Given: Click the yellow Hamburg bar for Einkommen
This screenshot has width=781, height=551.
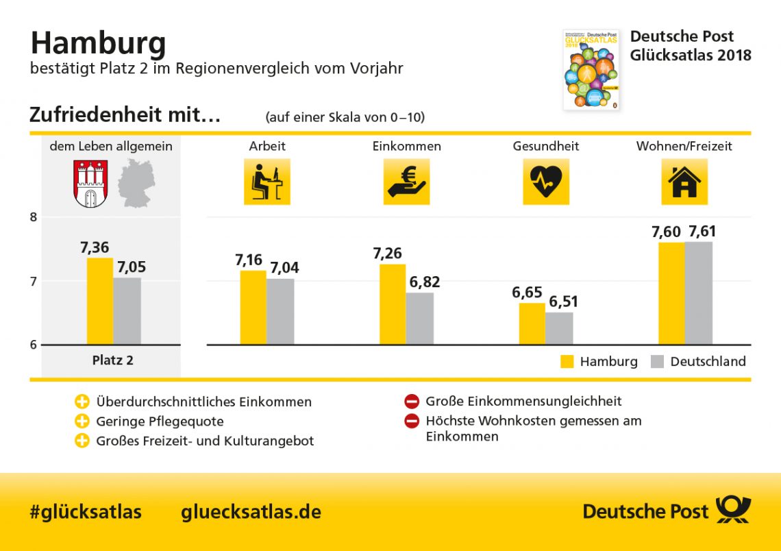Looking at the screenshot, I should (x=393, y=304).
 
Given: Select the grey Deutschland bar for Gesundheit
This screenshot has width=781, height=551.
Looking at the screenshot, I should (x=559, y=328).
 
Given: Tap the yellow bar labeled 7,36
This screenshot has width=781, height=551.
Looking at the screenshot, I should (x=100, y=301).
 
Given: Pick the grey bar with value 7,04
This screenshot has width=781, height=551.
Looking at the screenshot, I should (x=280, y=311).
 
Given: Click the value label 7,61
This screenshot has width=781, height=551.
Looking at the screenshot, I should (x=702, y=232).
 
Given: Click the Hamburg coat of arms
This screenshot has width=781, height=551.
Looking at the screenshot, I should (x=90, y=183).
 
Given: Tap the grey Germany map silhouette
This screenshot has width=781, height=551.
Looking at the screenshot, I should (x=136, y=183).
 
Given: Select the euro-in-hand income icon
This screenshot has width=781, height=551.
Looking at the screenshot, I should (x=406, y=182).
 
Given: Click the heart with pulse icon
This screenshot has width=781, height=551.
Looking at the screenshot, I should (x=546, y=182).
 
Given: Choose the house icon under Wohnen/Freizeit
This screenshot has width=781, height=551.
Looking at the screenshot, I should (x=684, y=182).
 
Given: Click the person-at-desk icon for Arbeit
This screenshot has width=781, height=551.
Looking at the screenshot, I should (x=267, y=182).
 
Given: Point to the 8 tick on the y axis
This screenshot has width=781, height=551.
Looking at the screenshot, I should (x=33, y=217).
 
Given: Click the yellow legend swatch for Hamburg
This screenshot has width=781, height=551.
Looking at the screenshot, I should (x=567, y=362).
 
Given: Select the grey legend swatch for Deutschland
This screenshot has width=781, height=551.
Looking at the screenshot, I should (x=657, y=362).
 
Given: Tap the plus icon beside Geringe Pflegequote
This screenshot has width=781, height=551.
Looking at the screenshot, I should (x=82, y=421).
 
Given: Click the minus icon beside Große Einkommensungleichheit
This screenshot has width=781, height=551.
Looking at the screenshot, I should (x=412, y=402).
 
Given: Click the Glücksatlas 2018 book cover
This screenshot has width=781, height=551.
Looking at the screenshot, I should (x=591, y=69).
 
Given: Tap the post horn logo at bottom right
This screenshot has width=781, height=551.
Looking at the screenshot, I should (x=733, y=511).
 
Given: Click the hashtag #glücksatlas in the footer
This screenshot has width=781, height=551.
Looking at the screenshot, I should (x=86, y=512).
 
